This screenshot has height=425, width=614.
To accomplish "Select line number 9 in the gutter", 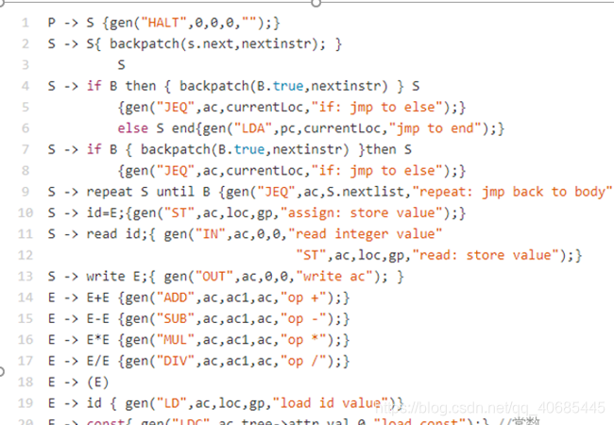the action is click(x=25, y=192).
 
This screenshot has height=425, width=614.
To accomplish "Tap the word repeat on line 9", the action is click(x=113, y=192).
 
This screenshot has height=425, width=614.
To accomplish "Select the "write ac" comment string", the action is click(x=334, y=276).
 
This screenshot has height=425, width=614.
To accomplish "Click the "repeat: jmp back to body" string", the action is click(x=511, y=192).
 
